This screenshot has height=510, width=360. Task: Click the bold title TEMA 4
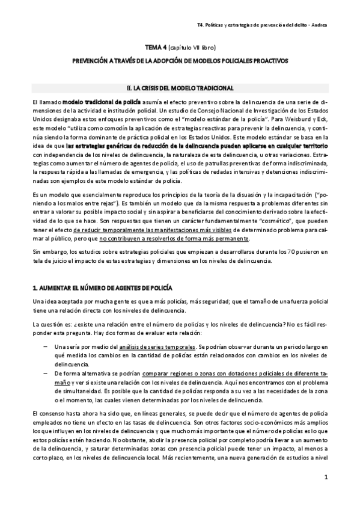click(157, 46)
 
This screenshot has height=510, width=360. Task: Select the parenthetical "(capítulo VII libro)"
click(192, 46)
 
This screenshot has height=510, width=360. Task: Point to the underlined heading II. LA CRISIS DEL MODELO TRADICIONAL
click(180, 88)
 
